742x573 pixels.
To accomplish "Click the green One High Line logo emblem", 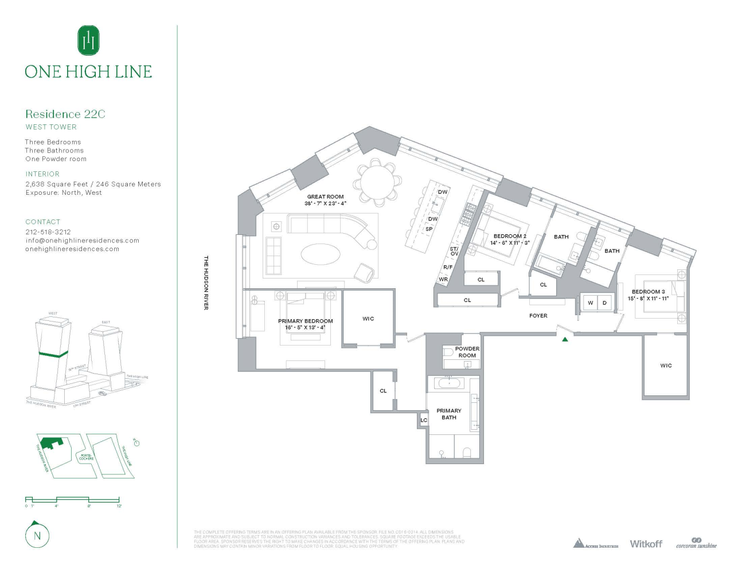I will click(88, 40).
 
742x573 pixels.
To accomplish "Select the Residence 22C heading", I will click(65, 114).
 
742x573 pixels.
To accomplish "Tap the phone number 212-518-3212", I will click(48, 232).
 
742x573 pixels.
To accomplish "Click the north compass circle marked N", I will click(37, 536).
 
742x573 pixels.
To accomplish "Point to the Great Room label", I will click(325, 197).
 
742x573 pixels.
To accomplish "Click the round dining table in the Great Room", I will click(377, 181).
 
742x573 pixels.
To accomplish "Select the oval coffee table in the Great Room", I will click(321, 254).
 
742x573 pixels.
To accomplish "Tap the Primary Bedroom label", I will click(305, 321).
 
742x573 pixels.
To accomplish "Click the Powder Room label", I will click(467, 352).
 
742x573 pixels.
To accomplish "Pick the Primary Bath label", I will click(449, 414).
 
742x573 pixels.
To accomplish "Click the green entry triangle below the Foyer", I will click(565, 339).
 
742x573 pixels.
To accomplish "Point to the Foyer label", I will click(538, 316).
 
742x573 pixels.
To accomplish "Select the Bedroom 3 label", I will click(648, 292).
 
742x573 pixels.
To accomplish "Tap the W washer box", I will click(590, 303).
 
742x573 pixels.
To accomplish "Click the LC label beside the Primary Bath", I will click(424, 420).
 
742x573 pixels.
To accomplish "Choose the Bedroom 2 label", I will click(510, 236).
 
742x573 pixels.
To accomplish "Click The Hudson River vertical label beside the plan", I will click(206, 283).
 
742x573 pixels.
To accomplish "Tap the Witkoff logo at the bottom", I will click(646, 543).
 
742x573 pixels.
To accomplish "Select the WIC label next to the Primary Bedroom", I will click(368, 319).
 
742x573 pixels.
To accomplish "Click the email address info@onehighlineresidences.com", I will click(82, 241).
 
